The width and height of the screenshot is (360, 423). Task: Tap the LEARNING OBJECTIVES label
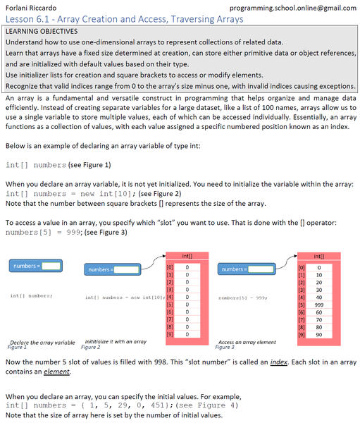tap(41, 32)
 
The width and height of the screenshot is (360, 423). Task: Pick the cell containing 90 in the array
tap(319, 335)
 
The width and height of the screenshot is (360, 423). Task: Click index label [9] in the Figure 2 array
tap(169, 335)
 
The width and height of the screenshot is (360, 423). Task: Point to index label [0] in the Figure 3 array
tap(302, 267)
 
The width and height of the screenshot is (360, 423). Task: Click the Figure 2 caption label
tap(91, 347)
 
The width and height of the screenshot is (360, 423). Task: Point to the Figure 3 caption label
tap(225, 348)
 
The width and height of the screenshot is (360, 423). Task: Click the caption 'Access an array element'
tap(247, 342)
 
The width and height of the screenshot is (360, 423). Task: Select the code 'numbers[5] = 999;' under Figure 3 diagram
tap(242, 298)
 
